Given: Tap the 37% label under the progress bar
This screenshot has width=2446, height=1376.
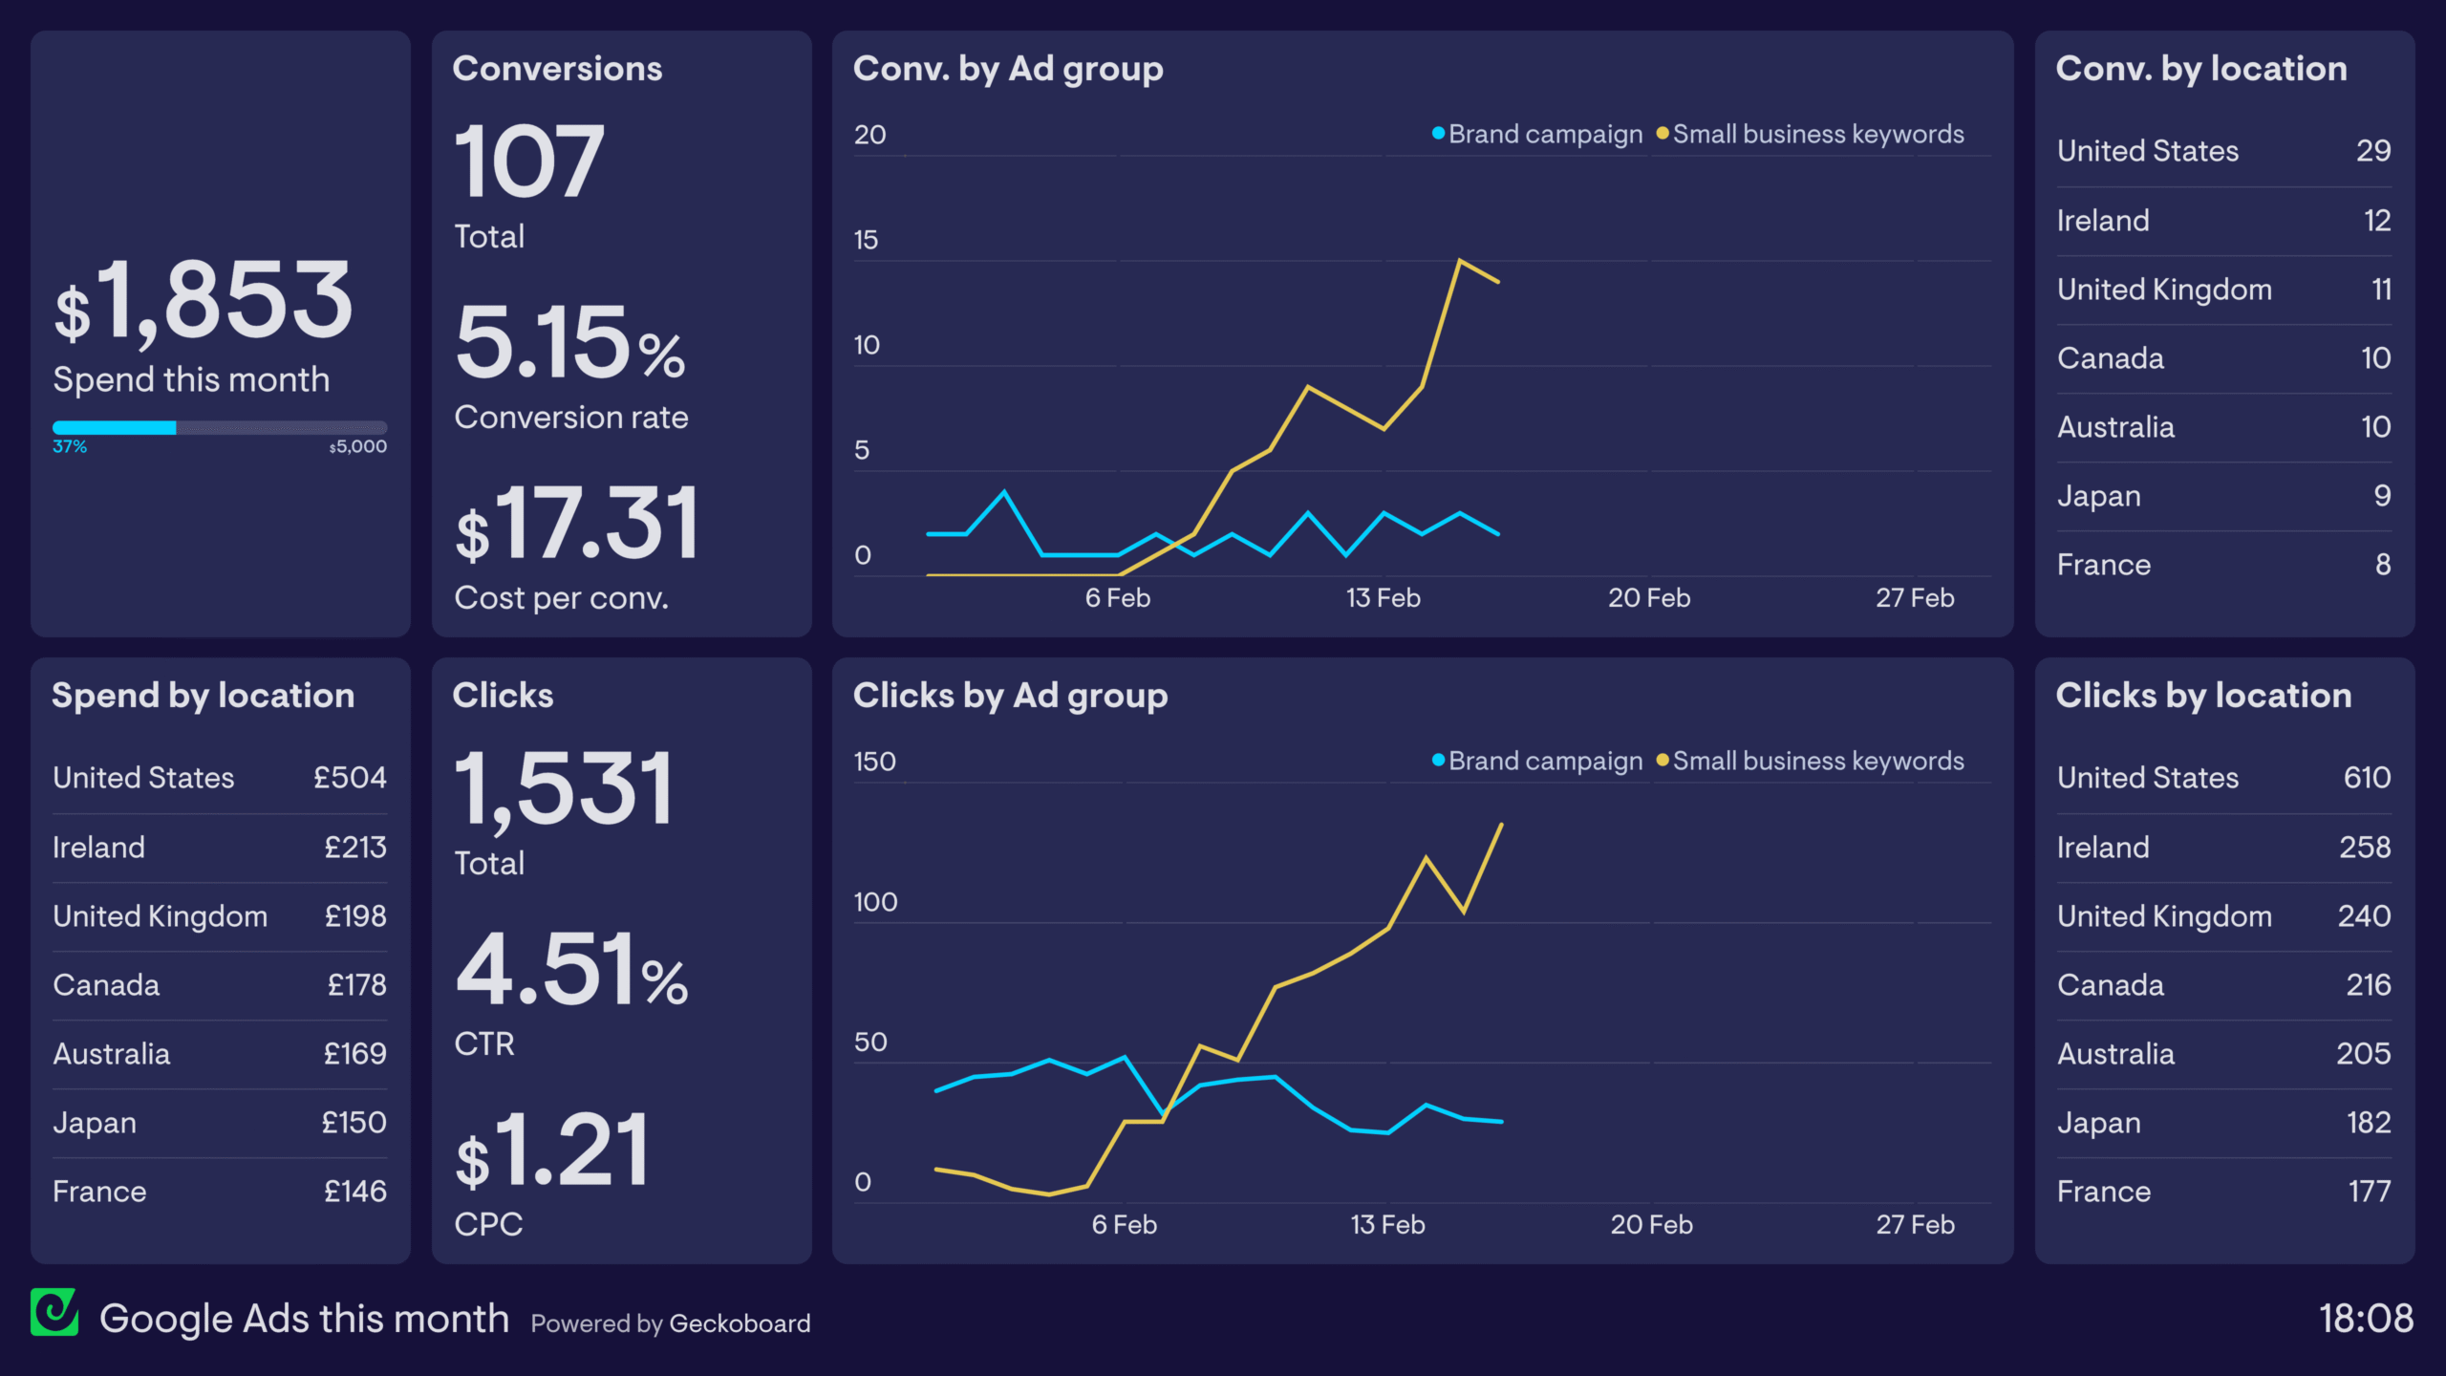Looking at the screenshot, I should click(x=70, y=447).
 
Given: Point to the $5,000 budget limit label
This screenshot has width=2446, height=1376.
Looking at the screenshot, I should click(x=358, y=447).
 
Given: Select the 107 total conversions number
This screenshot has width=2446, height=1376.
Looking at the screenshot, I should click(x=528, y=162).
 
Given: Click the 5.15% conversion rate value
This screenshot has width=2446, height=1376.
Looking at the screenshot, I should click(x=570, y=343).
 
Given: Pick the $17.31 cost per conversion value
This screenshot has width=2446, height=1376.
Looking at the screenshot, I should click(x=578, y=524).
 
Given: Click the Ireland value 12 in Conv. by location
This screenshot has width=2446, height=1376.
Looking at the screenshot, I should click(x=2376, y=221).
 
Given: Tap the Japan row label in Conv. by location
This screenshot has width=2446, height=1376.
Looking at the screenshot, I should click(x=2098, y=496).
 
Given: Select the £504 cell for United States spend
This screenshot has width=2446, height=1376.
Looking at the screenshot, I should click(x=350, y=778).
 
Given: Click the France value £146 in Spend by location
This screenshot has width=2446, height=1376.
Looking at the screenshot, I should click(x=354, y=1192).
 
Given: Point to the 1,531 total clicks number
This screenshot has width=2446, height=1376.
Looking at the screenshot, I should click(x=564, y=789).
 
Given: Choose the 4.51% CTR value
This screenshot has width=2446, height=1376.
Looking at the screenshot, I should click(x=571, y=971).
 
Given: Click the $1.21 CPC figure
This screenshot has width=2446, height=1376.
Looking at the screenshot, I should click(x=552, y=1151).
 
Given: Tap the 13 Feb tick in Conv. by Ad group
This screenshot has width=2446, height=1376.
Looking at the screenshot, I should click(x=1383, y=598).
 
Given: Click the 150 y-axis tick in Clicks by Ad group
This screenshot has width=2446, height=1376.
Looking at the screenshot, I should click(x=874, y=762).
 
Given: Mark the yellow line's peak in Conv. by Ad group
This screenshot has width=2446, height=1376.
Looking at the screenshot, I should click(x=1459, y=260).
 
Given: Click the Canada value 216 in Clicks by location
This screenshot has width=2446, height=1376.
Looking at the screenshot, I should click(x=2368, y=985).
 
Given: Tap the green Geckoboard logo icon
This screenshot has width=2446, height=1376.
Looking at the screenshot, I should click(x=54, y=1312).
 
